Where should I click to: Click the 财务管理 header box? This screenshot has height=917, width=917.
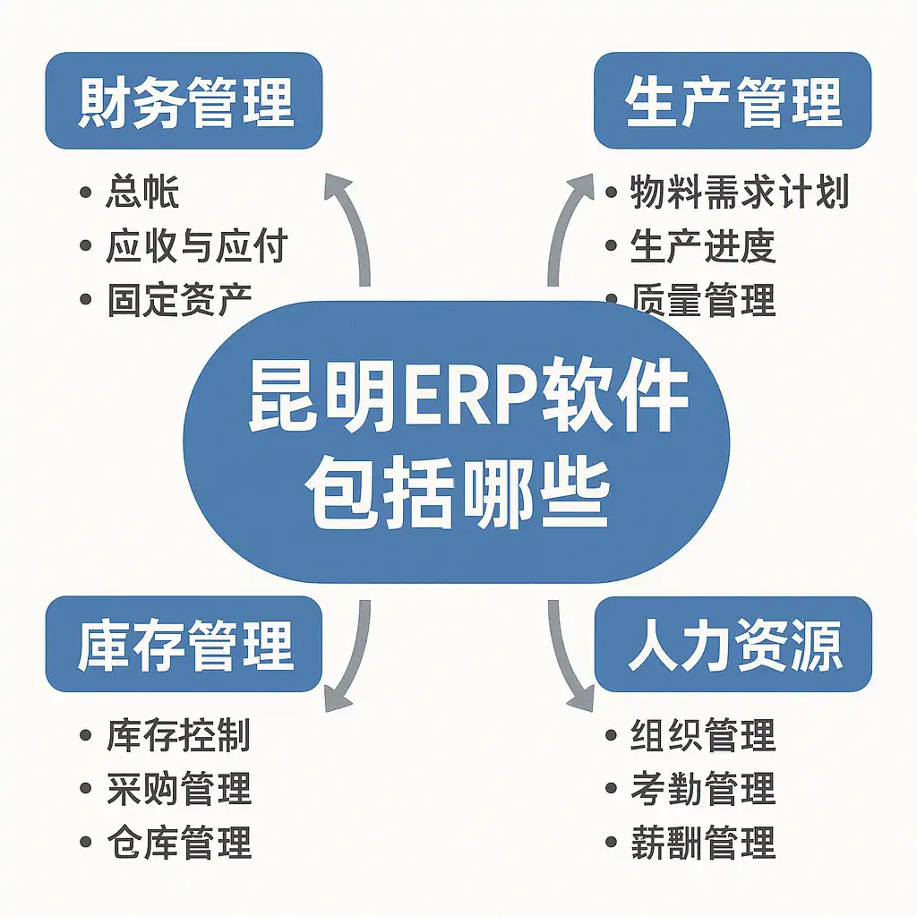184,100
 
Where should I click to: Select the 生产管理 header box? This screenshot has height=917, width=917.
733,100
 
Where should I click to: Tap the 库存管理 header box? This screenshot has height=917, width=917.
184,644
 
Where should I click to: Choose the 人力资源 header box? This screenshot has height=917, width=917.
733,644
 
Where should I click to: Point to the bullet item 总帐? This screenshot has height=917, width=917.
141,193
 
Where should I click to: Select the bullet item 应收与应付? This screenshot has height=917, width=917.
195,246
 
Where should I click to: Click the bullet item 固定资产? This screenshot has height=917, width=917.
179,299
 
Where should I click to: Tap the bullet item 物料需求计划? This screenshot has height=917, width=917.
739,193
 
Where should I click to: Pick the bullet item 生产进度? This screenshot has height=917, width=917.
702,246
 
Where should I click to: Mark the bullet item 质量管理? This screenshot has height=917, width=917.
702,301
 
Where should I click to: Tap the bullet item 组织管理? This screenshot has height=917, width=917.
702,735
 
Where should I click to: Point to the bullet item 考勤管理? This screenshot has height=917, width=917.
702,789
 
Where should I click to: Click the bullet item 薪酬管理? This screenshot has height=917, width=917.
702,843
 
